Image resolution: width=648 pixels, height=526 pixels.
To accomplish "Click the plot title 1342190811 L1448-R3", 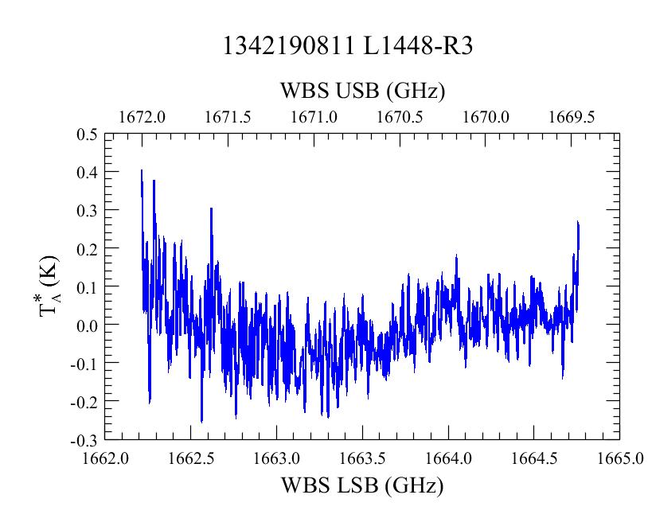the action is point(348,45).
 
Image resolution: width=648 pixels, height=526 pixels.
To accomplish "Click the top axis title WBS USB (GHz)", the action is point(362,91).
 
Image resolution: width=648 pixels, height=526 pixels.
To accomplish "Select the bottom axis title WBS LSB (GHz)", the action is point(362,485).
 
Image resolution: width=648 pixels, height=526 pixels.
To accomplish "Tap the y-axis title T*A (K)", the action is point(49,286).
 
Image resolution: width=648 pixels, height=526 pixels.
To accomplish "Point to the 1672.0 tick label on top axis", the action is point(142,117).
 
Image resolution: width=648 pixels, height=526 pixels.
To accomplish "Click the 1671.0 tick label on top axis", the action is point(314,117).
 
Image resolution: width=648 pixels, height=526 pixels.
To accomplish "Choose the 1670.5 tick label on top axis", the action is point(400,117).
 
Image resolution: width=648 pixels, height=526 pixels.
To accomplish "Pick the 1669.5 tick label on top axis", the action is point(572,117).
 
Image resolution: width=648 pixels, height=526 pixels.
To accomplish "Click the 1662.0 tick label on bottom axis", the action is point(105,458).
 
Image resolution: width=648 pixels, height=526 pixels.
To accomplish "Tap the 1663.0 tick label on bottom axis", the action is point(277,458).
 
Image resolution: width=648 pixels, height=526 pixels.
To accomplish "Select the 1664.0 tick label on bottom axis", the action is point(448,458).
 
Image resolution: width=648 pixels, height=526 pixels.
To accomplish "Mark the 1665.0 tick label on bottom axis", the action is point(620,458).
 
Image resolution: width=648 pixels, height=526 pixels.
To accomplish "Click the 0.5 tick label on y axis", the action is point(87,134).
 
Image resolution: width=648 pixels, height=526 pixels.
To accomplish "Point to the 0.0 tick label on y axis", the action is point(87,325).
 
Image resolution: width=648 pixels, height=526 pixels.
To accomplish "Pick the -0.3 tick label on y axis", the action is point(84,442).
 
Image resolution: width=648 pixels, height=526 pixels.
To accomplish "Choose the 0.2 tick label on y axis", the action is point(87,249).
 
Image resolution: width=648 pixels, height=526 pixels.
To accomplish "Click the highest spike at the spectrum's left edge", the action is point(142,170).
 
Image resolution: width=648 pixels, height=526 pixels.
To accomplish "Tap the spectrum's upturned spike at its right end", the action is point(578,223).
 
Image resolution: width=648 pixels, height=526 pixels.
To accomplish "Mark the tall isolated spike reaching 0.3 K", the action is point(211,209).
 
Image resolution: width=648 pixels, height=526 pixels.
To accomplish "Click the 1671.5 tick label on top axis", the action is point(228,117).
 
